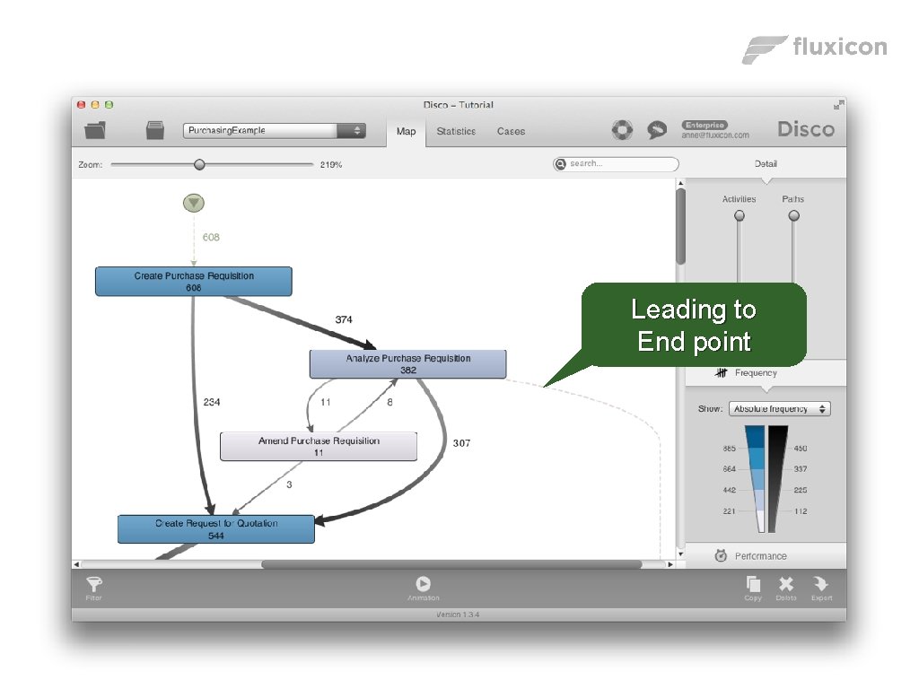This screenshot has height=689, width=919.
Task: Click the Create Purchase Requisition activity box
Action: pyautogui.click(x=194, y=281)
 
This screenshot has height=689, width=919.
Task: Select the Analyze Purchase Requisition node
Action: pyautogui.click(x=407, y=363)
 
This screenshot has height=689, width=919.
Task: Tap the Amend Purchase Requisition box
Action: pyautogui.click(x=319, y=446)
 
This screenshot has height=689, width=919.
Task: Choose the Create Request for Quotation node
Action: pyautogui.click(x=216, y=528)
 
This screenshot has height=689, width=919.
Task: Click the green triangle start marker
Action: pyautogui.click(x=194, y=204)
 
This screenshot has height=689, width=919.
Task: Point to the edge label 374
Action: pyautogui.click(x=344, y=319)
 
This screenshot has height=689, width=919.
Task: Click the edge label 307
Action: pyautogui.click(x=461, y=443)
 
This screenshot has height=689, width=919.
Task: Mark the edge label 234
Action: pyautogui.click(x=212, y=403)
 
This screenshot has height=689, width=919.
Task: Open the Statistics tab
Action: pyautogui.click(x=456, y=131)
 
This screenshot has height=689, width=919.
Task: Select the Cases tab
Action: pyautogui.click(x=511, y=131)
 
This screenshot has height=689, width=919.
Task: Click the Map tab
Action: pyautogui.click(x=406, y=131)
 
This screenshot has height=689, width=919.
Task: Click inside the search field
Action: pyautogui.click(x=620, y=164)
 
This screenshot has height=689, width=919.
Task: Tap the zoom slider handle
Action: pyautogui.click(x=199, y=165)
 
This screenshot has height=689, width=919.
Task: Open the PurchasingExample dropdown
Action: pyautogui.click(x=274, y=131)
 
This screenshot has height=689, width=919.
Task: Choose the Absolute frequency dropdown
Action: pyautogui.click(x=779, y=409)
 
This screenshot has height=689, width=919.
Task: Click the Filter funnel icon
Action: pyautogui.click(x=94, y=585)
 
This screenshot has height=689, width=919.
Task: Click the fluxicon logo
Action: pyautogui.click(x=815, y=48)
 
